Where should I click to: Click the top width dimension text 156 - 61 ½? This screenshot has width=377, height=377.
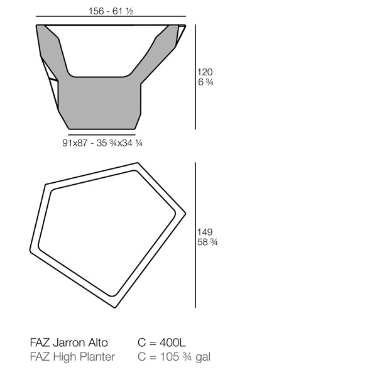(111, 11)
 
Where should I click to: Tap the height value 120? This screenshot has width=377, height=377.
(205, 72)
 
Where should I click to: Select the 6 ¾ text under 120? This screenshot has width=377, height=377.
(205, 82)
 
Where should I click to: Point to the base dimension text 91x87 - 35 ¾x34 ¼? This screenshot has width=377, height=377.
(102, 143)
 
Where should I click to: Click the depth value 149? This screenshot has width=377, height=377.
(205, 232)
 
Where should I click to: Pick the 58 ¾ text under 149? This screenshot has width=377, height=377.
(207, 242)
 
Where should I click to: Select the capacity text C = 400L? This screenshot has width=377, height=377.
(161, 342)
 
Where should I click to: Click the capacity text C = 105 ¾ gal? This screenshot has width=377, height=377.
(174, 357)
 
